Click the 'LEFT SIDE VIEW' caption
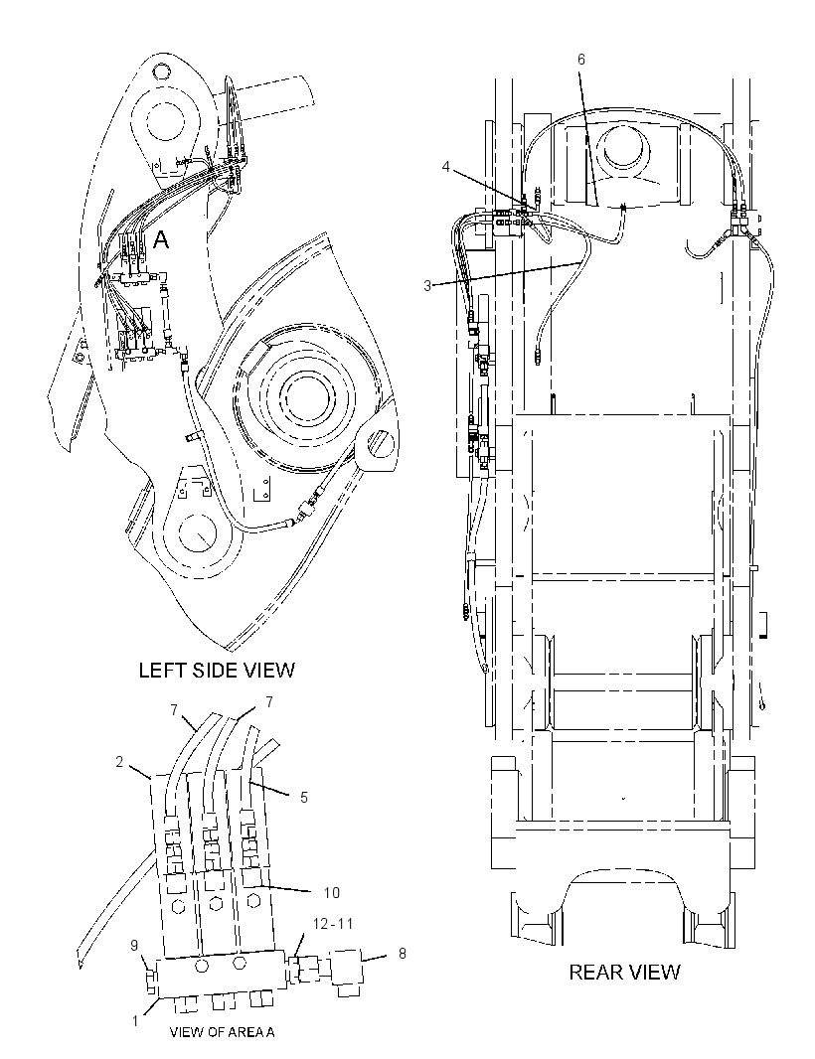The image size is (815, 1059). click(x=217, y=670)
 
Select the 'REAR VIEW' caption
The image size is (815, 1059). click(x=624, y=972)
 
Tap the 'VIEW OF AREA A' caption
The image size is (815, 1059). click(x=223, y=1032)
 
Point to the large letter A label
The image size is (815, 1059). click(x=161, y=239)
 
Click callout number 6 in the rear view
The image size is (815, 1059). click(x=581, y=60)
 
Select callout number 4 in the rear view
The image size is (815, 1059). click(x=446, y=166)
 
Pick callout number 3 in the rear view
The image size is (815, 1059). click(x=427, y=286)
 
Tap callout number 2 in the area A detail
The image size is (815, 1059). click(x=119, y=762)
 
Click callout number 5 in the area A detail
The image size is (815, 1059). click(x=304, y=798)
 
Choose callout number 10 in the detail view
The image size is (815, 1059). click(x=331, y=893)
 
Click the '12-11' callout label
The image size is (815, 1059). click(x=332, y=923)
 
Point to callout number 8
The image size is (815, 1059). click(x=403, y=954)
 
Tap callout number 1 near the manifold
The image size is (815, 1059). click(x=135, y=1020)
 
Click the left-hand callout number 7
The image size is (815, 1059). click(x=174, y=710)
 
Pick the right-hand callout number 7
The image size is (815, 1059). click(x=269, y=702)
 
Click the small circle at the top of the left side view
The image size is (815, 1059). click(x=160, y=71)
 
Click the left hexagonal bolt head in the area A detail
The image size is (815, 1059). click(x=179, y=906)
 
